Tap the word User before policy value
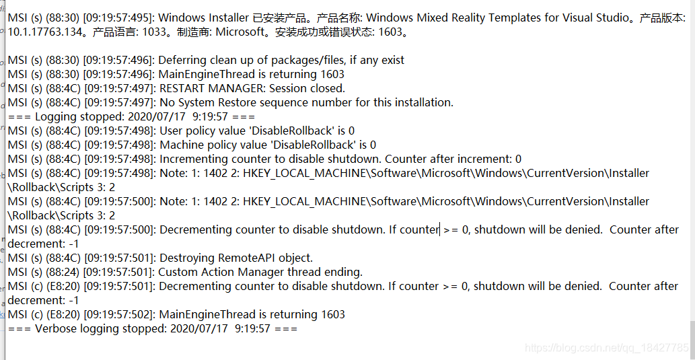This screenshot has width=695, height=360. click(172, 131)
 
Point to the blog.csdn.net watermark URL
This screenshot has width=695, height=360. click(606, 348)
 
